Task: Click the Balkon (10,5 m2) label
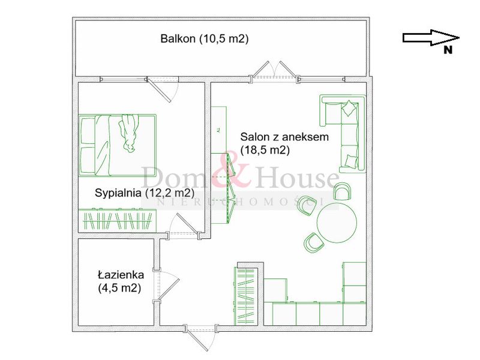pyautogui.click(x=205, y=39)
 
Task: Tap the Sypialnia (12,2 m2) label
pyautogui.click(x=145, y=193)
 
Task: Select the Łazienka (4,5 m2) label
pyautogui.click(x=121, y=281)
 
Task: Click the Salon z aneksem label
pyautogui.click(x=284, y=137)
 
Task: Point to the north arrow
pyautogui.click(x=431, y=38)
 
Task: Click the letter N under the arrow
pyautogui.click(x=448, y=50)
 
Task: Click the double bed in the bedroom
pyautogui.click(x=118, y=145)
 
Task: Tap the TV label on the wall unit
pyautogui.click(x=218, y=130)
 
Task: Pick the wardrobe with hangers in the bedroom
pyautogui.click(x=118, y=220)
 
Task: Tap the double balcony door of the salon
pyautogui.click(x=275, y=71)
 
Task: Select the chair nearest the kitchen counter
pyautogui.click(x=314, y=242)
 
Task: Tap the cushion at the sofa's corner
pyautogui.click(x=349, y=107)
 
